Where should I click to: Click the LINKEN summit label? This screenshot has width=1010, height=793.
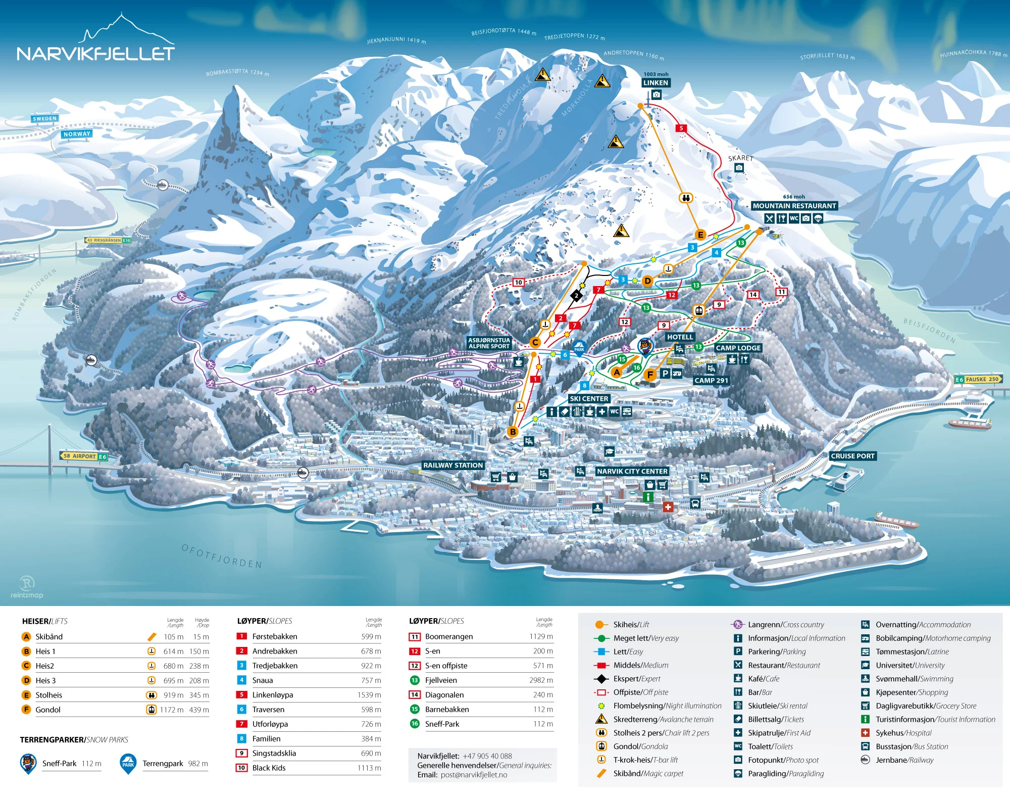655,83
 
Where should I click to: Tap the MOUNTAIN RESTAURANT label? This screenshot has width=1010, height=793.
794,206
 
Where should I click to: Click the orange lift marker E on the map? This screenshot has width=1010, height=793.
700,235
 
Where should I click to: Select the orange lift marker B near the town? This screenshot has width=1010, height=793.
513,432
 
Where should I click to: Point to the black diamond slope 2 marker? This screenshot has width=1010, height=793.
576,296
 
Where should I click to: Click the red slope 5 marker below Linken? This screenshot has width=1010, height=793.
681,128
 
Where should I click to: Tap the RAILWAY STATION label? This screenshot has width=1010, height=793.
453,465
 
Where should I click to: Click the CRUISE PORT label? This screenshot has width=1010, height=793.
852,456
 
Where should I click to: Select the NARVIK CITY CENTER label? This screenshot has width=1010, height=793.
632,471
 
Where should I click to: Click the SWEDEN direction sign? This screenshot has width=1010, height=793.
44,119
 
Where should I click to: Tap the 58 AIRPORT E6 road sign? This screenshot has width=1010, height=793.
84,456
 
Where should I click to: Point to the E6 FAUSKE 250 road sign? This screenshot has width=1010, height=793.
978,379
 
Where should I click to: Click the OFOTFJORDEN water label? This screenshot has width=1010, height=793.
222,556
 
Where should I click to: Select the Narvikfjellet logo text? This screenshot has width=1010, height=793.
95,54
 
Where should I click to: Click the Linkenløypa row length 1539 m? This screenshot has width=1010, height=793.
369,695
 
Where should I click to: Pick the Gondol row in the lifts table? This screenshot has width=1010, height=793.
48,710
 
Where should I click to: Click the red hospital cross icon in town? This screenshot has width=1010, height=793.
668,506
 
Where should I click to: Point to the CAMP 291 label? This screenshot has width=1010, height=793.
711,381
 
